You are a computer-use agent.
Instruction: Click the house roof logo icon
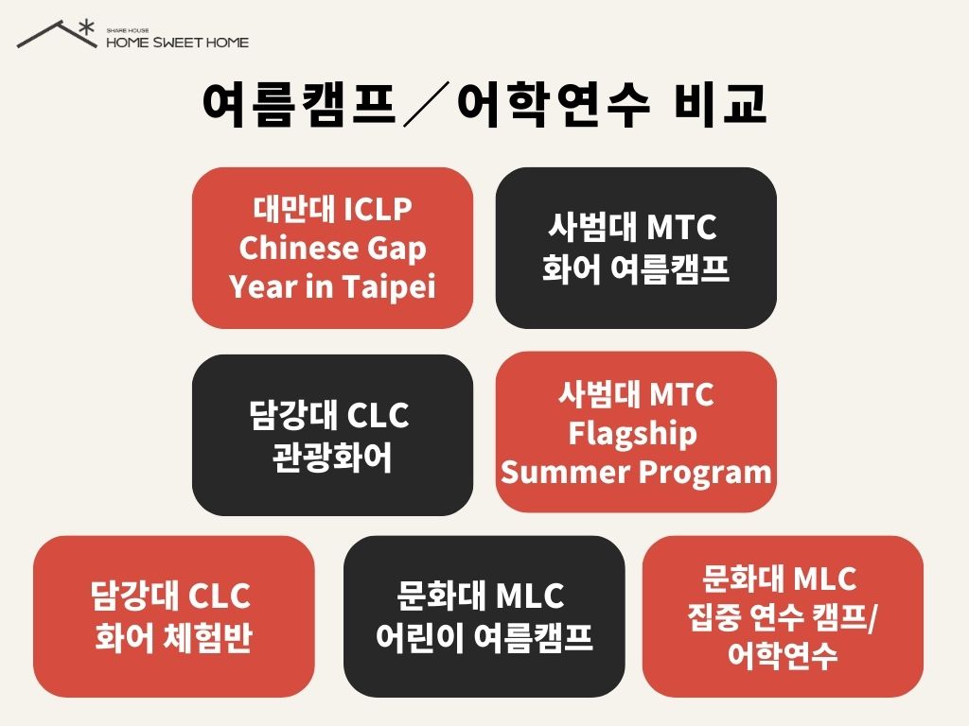tap(57, 35)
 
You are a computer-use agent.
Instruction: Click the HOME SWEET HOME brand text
tap(177, 43)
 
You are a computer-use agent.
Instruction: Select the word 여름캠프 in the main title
tap(298, 104)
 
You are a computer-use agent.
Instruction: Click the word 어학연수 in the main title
tap(553, 104)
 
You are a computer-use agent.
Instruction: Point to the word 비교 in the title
tap(721, 104)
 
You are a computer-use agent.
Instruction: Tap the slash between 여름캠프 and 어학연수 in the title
tap(427, 106)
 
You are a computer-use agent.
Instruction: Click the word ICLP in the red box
tap(378, 209)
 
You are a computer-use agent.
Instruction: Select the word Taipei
tap(389, 287)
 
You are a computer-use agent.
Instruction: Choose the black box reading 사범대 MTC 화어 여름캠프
tap(636, 248)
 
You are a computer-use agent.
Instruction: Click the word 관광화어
tap(332, 458)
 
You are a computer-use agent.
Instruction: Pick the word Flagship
tap(633, 433)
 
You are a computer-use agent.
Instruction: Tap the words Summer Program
tap(637, 473)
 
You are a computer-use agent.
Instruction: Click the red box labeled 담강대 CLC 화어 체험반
tap(174, 616)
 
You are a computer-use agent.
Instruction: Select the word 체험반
tap(208, 638)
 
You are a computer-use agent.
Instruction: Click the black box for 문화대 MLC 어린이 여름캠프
tap(484, 616)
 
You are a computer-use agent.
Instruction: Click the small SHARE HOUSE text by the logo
tap(128, 30)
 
